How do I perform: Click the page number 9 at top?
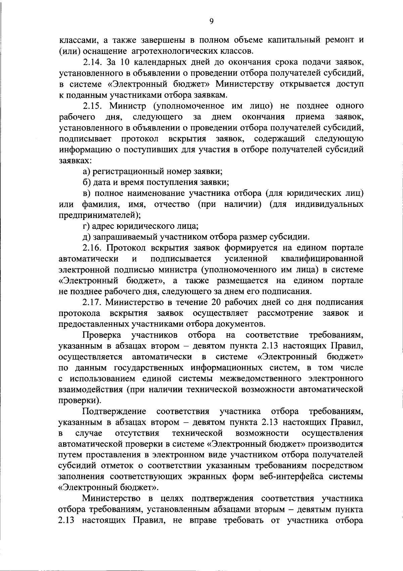[211, 21]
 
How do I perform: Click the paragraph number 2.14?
[93, 62]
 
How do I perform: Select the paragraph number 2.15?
[93, 106]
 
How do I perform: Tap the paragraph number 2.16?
[93, 248]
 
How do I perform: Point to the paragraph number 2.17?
[93, 302]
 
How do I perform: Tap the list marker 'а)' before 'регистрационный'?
[87, 172]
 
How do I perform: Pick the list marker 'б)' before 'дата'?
[87, 182]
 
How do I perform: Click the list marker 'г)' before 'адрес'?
[86, 226]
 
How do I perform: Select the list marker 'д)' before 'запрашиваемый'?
[87, 237]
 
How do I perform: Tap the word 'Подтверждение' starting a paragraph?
[114, 411]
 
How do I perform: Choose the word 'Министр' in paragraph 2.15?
[127, 106]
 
